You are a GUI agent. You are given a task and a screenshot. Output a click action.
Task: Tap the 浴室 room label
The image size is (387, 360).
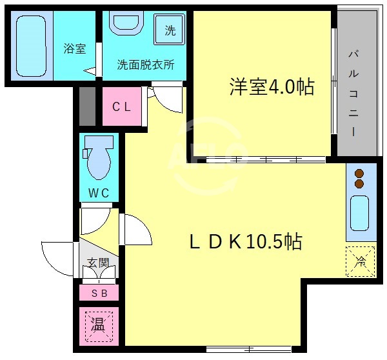[74, 48]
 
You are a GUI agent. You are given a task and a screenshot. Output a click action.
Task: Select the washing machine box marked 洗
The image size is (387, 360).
[170, 29]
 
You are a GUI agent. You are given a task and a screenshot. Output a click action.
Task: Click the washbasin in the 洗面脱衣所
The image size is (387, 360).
[126, 25]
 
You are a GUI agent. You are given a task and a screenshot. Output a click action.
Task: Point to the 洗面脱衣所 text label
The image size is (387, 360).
[144, 65]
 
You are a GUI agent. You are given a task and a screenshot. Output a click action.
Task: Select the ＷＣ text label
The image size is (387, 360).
[99, 192]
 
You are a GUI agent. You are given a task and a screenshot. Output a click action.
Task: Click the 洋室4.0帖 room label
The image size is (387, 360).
[272, 87]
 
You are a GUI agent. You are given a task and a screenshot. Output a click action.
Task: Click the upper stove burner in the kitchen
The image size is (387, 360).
[359, 173]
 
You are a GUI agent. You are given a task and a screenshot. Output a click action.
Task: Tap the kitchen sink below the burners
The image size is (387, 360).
[359, 213]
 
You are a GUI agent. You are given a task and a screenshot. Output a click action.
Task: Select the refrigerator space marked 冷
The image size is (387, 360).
[360, 261]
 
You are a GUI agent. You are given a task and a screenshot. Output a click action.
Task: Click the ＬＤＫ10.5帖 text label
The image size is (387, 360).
[245, 241]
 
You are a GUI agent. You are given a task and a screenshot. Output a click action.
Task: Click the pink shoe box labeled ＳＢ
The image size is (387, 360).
[99, 294]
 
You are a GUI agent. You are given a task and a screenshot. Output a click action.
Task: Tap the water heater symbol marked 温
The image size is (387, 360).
[98, 325]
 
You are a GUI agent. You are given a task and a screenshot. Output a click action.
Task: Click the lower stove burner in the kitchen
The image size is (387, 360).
[359, 184]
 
